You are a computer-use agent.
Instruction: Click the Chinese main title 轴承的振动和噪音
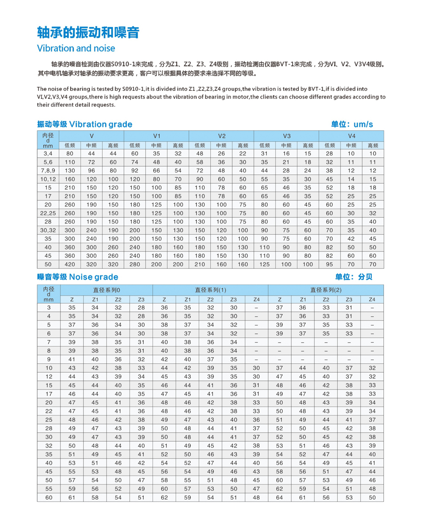tap(88, 32)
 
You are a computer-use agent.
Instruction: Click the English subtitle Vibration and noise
tap(76, 48)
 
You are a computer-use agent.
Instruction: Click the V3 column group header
tap(286, 136)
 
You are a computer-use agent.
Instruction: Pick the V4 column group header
tap(351, 136)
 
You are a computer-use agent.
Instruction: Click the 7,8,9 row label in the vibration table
tap(48, 171)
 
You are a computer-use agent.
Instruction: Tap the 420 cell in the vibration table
tap(70, 264)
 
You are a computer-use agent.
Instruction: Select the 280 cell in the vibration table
tap(135, 264)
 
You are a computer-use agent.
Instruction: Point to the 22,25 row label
tap(48, 213)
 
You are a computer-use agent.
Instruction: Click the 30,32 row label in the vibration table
tap(48, 230)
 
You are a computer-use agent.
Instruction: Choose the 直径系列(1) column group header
tap(210, 290)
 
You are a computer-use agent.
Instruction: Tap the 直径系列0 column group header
tap(106, 290)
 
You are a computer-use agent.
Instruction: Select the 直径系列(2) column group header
tap(326, 290)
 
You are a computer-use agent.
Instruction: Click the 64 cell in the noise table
tap(280, 497)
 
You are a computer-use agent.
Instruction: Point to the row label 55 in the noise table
tap(49, 489)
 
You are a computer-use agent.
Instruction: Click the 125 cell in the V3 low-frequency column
tap(264, 264)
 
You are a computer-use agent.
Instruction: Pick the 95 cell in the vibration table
tap(329, 264)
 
